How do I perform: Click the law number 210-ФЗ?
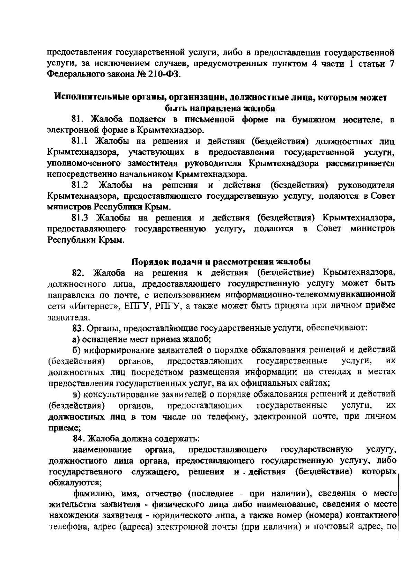pyautogui.click(x=164, y=75)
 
